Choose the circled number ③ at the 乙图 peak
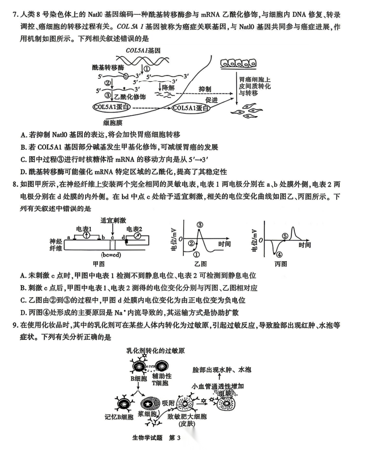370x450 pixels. [x=200, y=225]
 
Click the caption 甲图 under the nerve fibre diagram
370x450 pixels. [x=98, y=264]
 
